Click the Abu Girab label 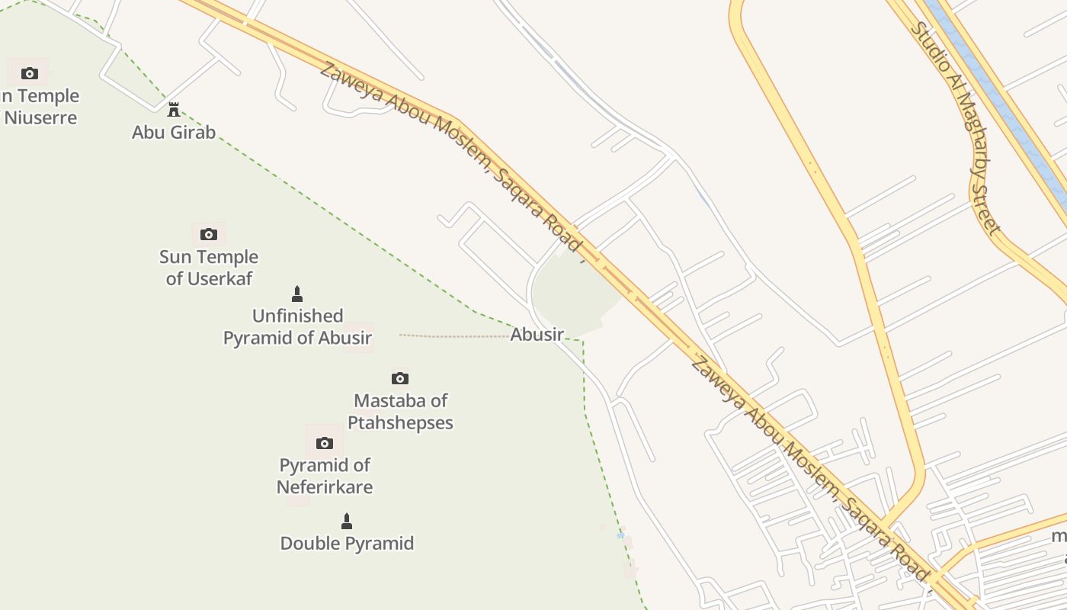click(x=174, y=132)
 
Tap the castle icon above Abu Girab click(x=174, y=110)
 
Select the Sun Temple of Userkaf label click(x=209, y=268)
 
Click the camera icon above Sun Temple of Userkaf click(x=209, y=234)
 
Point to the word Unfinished click(x=297, y=316)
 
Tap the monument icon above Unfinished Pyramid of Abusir click(x=297, y=294)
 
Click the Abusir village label click(x=537, y=334)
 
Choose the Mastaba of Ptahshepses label click(x=401, y=412)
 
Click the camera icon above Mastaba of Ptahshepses click(x=400, y=378)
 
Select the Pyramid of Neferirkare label click(x=325, y=476)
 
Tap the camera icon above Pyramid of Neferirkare click(x=325, y=443)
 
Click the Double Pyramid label click(x=347, y=544)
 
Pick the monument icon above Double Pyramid click(x=347, y=522)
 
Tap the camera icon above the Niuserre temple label click(x=30, y=73)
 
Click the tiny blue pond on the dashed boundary click(x=620, y=535)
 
